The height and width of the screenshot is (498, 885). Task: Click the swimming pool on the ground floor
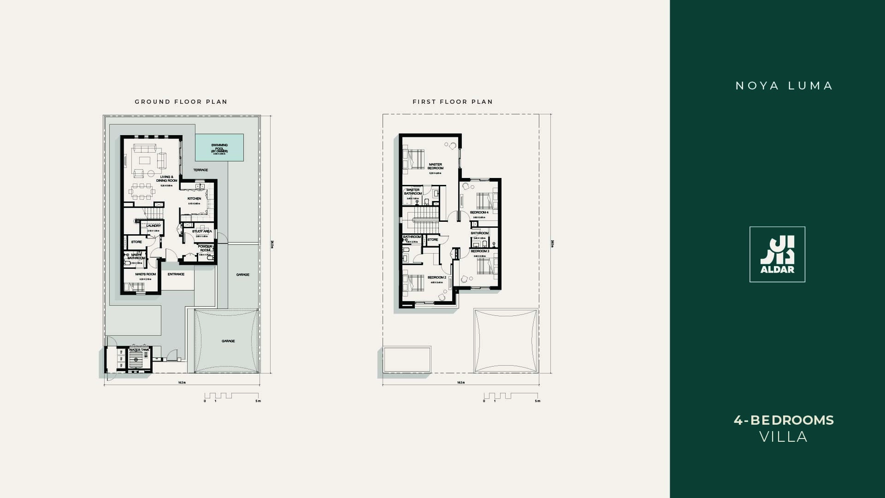pos(219,148)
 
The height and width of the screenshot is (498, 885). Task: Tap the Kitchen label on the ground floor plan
pos(194,199)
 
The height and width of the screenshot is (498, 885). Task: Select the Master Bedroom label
pos(436,166)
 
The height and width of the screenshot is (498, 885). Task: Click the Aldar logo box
pos(777,254)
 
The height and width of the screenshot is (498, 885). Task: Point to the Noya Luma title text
pos(784,86)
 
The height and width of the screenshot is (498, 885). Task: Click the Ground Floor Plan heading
pos(181,102)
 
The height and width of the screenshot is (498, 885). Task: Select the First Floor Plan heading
pos(453,102)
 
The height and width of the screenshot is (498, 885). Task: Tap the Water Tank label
pos(139,350)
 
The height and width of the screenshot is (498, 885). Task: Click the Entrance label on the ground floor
pos(176,274)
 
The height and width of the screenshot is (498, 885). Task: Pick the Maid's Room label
pos(146,274)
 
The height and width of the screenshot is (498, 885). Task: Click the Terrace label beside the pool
pos(201,170)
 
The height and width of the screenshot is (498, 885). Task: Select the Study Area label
pos(202,231)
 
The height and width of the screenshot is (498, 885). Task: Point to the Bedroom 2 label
pos(437,278)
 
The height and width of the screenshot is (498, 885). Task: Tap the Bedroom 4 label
pos(479,213)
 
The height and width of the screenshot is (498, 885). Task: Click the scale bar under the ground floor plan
pos(232,396)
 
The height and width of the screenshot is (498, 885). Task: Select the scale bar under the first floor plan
pos(511,396)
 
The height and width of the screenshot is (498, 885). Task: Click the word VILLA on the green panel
pos(784,437)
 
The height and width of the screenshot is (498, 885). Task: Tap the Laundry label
pos(154,226)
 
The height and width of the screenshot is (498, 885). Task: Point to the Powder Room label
pos(205,248)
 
